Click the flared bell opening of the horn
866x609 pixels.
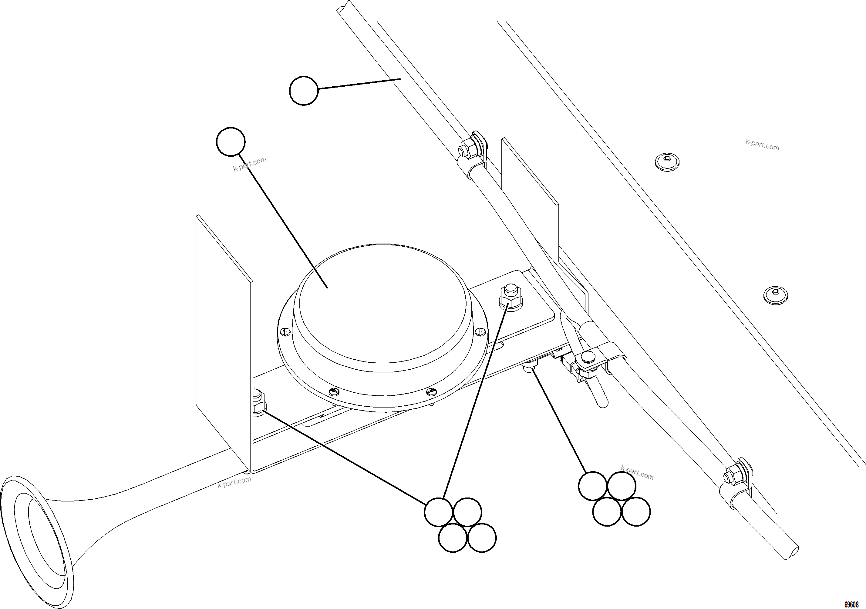36,543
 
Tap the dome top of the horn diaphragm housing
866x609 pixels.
381,301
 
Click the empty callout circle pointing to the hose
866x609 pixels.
304,91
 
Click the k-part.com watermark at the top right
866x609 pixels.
762,145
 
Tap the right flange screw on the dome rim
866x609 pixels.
480,331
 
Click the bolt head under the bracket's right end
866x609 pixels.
530,366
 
